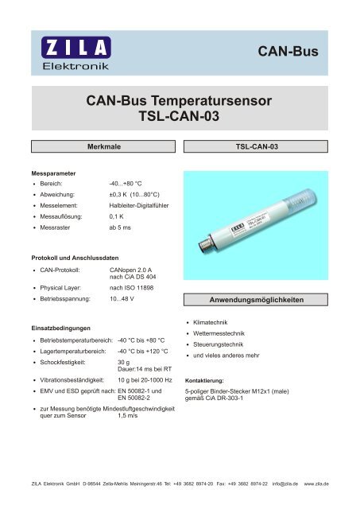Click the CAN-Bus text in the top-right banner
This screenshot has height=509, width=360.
coord(288,52)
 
